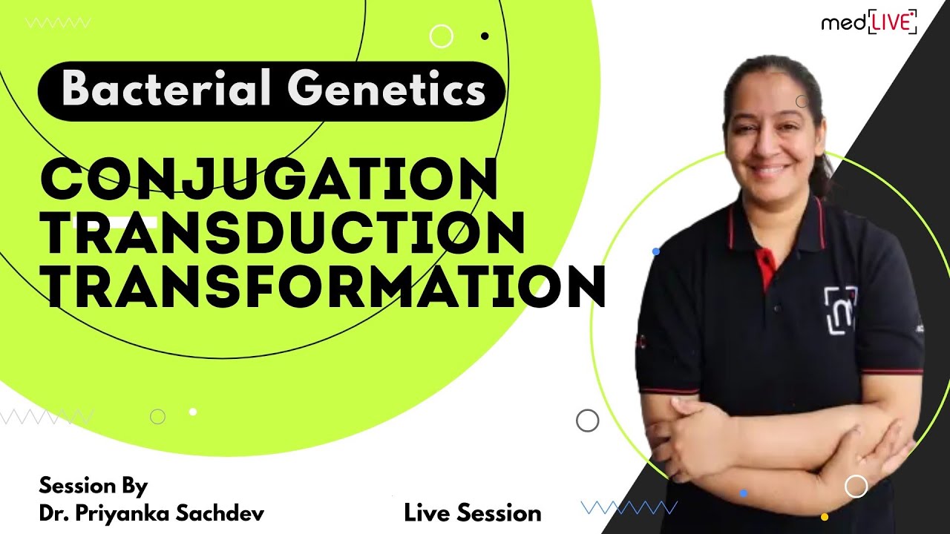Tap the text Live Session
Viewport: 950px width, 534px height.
(473, 512)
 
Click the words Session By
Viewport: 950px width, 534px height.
(93, 487)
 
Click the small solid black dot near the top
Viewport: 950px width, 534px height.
(485, 35)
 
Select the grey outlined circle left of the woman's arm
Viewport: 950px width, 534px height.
(587, 421)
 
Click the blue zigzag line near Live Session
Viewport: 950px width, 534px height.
(629, 507)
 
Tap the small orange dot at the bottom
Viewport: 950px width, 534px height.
(824, 517)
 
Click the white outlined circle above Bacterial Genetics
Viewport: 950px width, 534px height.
(441, 36)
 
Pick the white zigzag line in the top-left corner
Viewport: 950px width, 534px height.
(58, 23)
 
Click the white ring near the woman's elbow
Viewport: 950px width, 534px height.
(856, 486)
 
